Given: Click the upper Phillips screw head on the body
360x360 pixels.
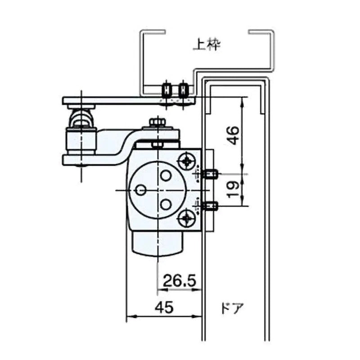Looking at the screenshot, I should (x=187, y=161).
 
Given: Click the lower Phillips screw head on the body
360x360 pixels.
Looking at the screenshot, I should (x=187, y=219).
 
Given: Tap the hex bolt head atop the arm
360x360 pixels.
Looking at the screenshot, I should (x=157, y=123).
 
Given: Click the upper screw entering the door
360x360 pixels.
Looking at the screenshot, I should (x=210, y=174).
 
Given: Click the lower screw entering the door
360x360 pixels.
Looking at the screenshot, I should (x=210, y=206).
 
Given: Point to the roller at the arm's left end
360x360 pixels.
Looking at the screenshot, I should (x=81, y=121).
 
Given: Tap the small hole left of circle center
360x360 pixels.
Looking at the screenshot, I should (x=140, y=190).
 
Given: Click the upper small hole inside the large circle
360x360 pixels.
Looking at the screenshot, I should (x=166, y=175).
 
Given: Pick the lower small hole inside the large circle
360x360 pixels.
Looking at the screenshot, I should (x=166, y=205).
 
